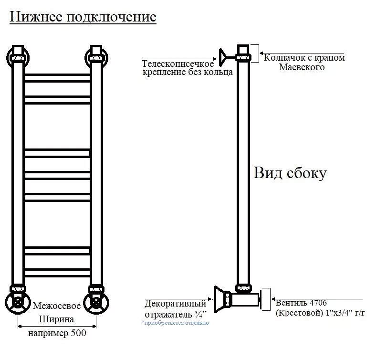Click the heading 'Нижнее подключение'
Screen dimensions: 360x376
(83, 17)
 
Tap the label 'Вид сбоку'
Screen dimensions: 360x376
(290, 173)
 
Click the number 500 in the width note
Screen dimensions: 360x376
(78, 334)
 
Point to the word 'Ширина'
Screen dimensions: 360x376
(56, 319)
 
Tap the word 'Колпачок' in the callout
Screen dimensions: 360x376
(282, 58)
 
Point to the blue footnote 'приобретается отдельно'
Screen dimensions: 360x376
(175, 323)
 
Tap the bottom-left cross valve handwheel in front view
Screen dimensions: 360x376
(18, 302)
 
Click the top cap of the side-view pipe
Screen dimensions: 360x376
(243, 50)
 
